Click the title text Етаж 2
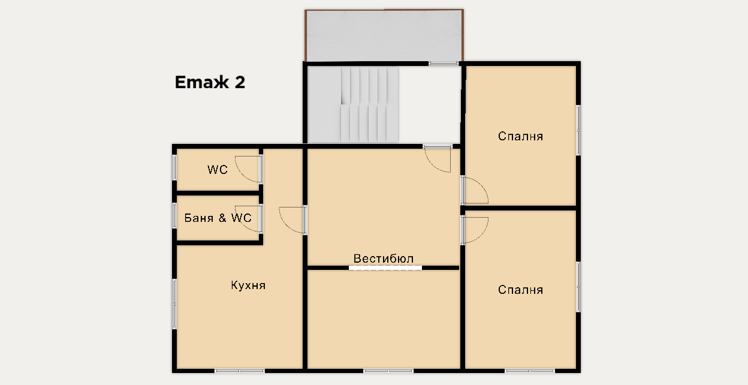210,82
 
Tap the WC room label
218,170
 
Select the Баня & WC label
218,218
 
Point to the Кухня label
248,285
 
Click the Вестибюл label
384,258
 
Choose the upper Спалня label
520,136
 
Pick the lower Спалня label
520,290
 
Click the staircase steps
369,105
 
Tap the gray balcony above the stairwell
384,35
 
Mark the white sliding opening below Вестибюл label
385,267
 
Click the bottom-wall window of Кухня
239,371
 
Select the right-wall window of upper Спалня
578,130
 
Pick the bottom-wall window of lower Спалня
530,371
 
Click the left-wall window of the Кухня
174,304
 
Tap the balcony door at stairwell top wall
444,64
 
